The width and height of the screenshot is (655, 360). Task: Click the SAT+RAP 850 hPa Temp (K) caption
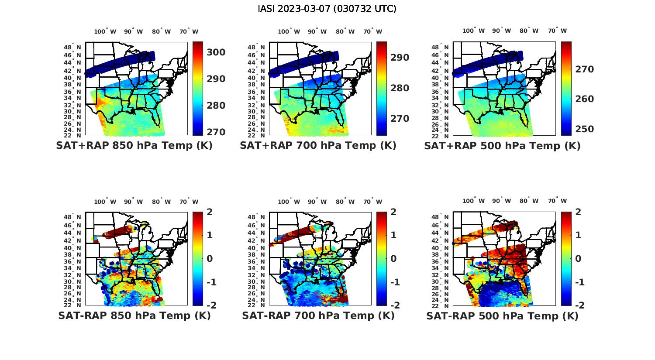click(134, 146)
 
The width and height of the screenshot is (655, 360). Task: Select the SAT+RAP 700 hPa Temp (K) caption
click(318, 146)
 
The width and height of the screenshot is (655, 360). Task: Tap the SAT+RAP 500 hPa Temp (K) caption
click(502, 146)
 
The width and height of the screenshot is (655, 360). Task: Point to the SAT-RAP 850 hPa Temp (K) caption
click(134, 315)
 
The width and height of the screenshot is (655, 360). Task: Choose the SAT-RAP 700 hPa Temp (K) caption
click(318, 315)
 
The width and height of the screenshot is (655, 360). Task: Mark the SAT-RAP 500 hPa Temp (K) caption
click(502, 316)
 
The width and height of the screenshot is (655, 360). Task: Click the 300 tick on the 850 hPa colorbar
click(216, 52)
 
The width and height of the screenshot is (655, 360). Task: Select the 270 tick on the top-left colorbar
click(216, 132)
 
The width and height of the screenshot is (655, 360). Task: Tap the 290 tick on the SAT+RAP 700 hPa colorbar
click(400, 58)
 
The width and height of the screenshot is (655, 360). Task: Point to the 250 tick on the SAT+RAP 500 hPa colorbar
click(584, 129)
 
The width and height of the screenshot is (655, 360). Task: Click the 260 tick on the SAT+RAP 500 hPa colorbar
click(584, 99)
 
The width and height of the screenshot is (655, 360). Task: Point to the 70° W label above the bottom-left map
click(189, 202)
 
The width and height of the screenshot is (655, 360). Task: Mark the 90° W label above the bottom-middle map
click(317, 202)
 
